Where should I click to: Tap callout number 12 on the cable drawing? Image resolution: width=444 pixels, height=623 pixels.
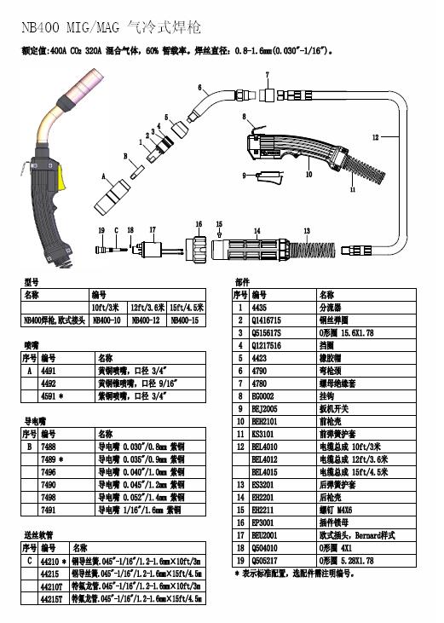(375, 136)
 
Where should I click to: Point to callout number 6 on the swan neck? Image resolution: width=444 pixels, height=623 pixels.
(199, 88)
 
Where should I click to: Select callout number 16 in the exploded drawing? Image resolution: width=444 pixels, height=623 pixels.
(199, 222)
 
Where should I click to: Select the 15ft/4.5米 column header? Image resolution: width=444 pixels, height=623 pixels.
(187, 307)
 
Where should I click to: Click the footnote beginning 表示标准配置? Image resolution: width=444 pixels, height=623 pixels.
(298, 574)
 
